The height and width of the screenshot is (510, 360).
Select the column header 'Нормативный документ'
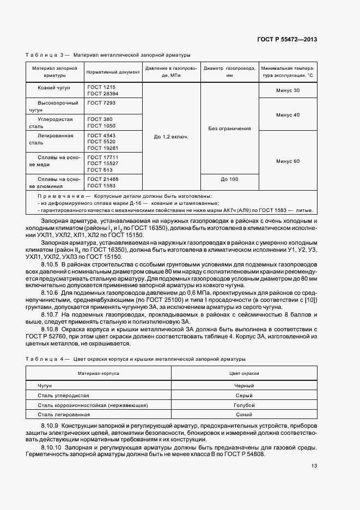pos(113,72)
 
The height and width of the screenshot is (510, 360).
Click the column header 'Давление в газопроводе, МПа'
pos(171,72)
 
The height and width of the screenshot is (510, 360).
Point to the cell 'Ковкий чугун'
pos(53,87)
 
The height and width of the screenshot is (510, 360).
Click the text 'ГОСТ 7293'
pos(101,102)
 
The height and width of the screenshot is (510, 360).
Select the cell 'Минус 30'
pos(288,90)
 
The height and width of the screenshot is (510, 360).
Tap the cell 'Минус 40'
pos(288,115)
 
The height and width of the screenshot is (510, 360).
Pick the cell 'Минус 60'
pos(288,161)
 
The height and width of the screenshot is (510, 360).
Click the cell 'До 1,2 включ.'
pos(171,136)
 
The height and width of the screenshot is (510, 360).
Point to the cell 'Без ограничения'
pos(229,129)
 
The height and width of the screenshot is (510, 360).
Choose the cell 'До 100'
pos(229,179)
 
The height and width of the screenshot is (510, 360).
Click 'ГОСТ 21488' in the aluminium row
pos(103,179)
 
